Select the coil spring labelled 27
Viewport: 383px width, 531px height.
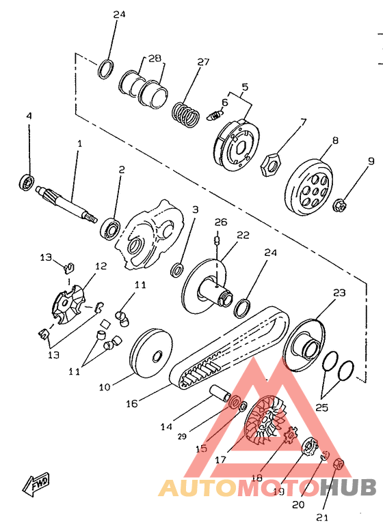(x=185, y=115)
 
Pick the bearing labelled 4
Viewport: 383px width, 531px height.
(x=27, y=181)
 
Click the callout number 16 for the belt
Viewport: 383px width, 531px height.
(x=132, y=403)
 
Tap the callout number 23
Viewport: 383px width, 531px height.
(x=339, y=292)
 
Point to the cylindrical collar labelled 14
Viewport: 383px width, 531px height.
(x=220, y=393)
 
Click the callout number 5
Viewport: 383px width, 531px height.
(x=245, y=87)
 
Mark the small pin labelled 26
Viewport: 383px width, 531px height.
(x=217, y=240)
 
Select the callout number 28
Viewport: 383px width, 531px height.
(x=155, y=58)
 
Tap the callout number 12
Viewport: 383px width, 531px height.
(x=101, y=266)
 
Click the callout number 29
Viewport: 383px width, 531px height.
(x=182, y=437)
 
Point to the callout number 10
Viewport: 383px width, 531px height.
(x=105, y=386)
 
